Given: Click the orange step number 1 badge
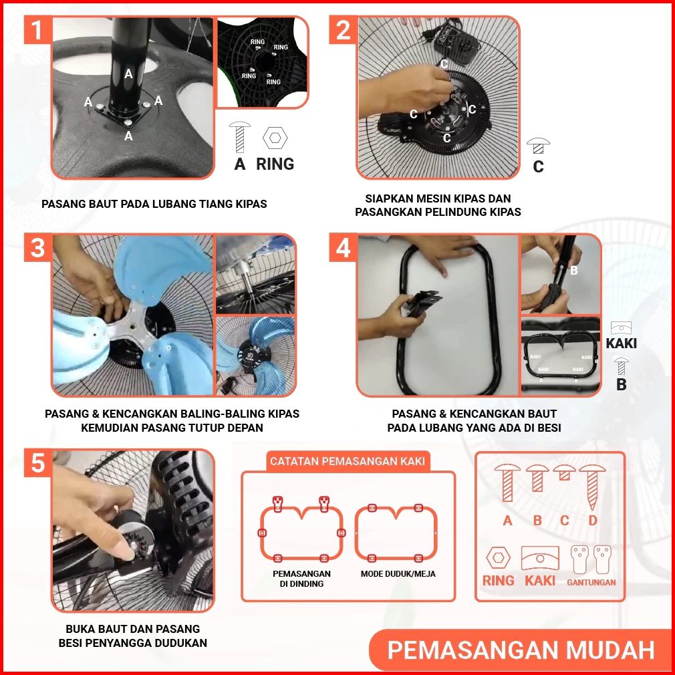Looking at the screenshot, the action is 38,29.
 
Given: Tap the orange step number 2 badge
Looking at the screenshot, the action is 343,29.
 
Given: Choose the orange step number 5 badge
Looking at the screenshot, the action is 38,462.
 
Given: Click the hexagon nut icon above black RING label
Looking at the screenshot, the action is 275,138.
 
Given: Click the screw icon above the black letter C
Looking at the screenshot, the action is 538,146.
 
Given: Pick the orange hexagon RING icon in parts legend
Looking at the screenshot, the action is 498,558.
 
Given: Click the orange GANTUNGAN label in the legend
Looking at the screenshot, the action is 591,582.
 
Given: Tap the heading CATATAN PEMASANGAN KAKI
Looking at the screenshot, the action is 348,461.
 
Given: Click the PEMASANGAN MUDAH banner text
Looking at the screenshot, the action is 521,650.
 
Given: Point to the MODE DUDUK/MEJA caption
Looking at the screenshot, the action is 398,574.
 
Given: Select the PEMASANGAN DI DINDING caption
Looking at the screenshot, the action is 301,579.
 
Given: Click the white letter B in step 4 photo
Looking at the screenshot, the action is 573,271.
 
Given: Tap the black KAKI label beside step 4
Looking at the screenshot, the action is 621,343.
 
